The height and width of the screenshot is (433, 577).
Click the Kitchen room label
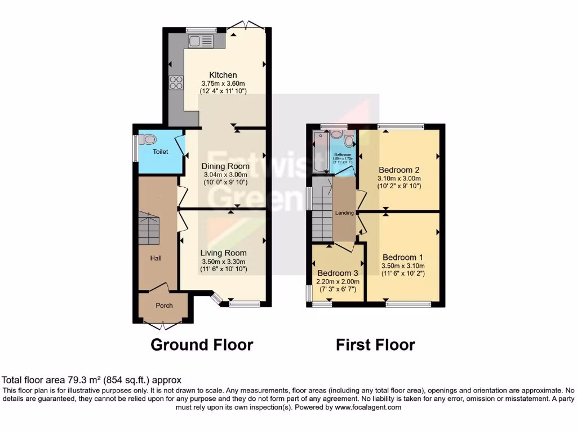coord(223,75)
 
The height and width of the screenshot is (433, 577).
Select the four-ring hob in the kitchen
coord(176,83)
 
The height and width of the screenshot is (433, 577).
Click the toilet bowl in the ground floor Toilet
coord(148,139)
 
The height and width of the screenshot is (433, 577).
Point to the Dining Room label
coord(225,166)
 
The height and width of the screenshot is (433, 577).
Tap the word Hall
coord(156,258)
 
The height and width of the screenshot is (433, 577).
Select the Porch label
coord(163,306)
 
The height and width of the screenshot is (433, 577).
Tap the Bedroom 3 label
coord(338,272)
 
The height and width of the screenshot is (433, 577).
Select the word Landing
coord(344,213)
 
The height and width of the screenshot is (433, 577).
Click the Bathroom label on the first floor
coord(343,154)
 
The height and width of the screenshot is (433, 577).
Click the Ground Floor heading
coord(202,344)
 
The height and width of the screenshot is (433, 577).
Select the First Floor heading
coord(375,344)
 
